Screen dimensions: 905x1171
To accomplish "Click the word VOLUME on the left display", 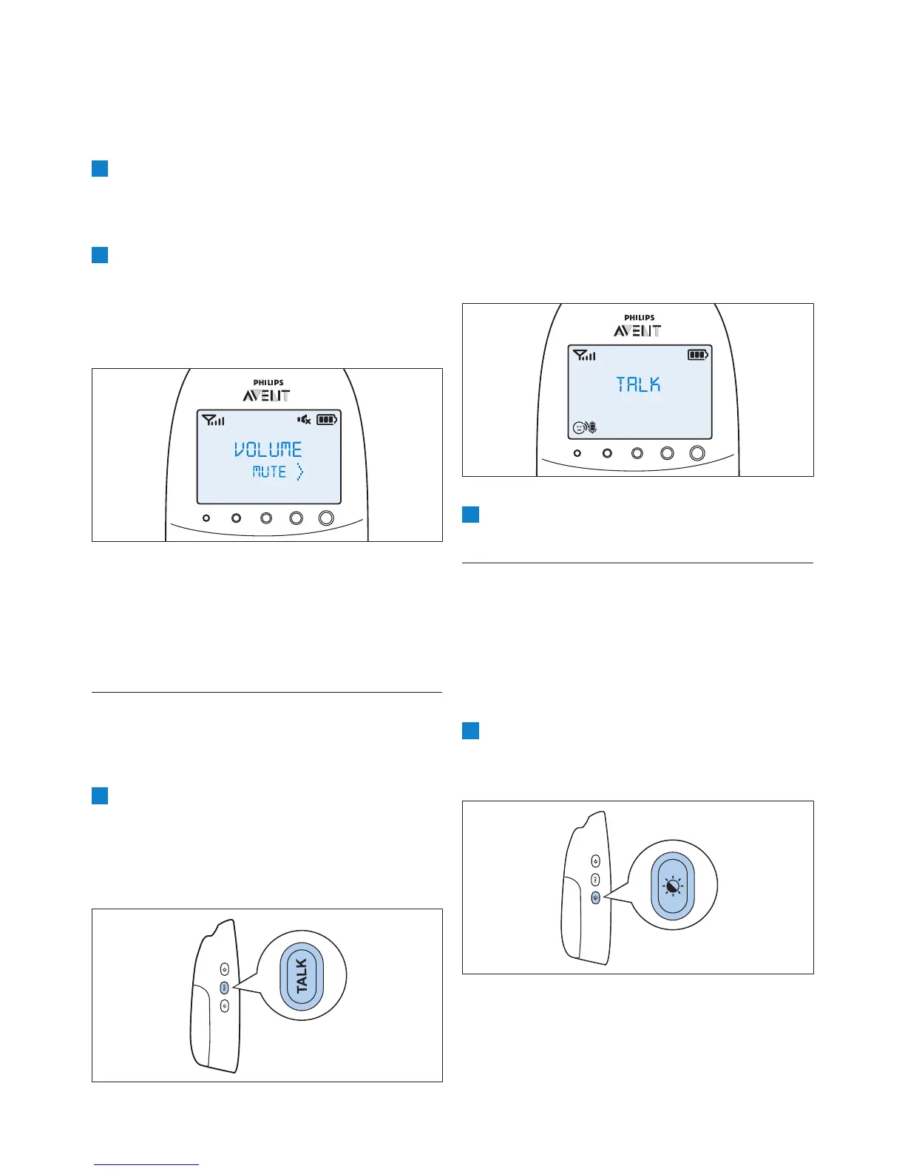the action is (x=268, y=449).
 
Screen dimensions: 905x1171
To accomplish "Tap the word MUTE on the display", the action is (x=269, y=472).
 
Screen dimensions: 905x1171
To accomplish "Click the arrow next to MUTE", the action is (x=299, y=472).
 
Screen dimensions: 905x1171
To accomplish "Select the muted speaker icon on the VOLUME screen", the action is (x=304, y=420).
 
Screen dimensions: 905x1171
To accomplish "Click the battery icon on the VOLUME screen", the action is (x=327, y=420).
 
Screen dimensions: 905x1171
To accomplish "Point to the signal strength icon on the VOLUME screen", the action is (x=214, y=421).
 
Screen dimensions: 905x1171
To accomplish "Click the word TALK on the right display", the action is (x=638, y=384).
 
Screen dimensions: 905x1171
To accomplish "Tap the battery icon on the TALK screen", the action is (x=697, y=355).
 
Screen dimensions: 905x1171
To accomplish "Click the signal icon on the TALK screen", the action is (x=584, y=356).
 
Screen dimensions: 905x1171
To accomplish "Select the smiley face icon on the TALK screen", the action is (x=580, y=427).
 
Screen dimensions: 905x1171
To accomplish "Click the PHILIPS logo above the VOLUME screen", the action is (x=268, y=382).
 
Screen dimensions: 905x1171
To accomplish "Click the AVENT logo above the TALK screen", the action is (x=638, y=330).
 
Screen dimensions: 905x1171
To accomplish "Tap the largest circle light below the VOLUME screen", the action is (x=326, y=518).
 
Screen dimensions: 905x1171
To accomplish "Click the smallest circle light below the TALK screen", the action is (x=577, y=453).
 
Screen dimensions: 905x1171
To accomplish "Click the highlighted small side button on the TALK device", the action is (x=225, y=987).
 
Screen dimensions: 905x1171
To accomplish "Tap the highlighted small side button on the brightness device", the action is (x=596, y=897).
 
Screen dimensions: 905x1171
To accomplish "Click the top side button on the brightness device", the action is (x=596, y=861).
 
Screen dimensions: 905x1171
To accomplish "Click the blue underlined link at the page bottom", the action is (x=146, y=1164).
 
